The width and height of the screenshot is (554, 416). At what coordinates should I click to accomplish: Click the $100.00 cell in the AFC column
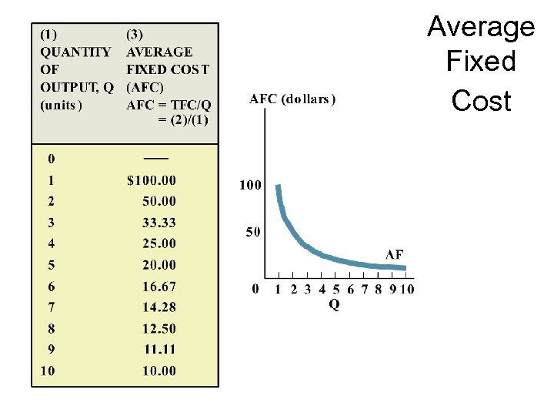[x=151, y=180]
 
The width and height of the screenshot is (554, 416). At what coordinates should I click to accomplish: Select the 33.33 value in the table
[x=159, y=223]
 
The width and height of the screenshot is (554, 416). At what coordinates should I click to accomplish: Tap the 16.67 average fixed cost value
[x=159, y=286]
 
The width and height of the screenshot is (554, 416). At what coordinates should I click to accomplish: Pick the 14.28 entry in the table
[x=159, y=307]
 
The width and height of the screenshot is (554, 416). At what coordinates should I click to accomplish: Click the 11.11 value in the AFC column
[x=159, y=349]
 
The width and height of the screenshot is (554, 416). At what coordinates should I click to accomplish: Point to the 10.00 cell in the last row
[x=159, y=371]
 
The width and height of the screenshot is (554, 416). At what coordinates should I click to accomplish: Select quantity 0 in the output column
[x=51, y=159]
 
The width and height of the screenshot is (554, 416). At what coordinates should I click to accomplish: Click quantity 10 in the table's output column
[x=48, y=371]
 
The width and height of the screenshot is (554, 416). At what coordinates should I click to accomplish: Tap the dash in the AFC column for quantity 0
[x=155, y=157]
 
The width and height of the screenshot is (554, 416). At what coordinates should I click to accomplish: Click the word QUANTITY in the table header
[x=75, y=52]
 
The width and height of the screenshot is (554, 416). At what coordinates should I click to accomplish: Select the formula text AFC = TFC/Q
[x=168, y=105]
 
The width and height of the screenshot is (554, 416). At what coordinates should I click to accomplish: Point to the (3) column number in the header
[x=135, y=35]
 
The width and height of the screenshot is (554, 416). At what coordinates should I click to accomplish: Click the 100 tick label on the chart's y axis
[x=250, y=185]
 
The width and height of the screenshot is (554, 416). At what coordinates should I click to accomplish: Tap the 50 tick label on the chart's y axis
[x=253, y=232]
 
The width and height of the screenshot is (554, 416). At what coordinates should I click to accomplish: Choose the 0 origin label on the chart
[x=255, y=290]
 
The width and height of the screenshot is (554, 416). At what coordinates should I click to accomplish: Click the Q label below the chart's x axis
[x=334, y=305]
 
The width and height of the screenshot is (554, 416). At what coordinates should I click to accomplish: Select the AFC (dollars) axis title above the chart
[x=292, y=99]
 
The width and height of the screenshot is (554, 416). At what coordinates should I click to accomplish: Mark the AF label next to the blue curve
[x=393, y=254]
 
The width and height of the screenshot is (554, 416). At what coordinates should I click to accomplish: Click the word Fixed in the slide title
[x=481, y=62]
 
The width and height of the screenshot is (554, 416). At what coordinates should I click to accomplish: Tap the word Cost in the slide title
[x=481, y=100]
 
